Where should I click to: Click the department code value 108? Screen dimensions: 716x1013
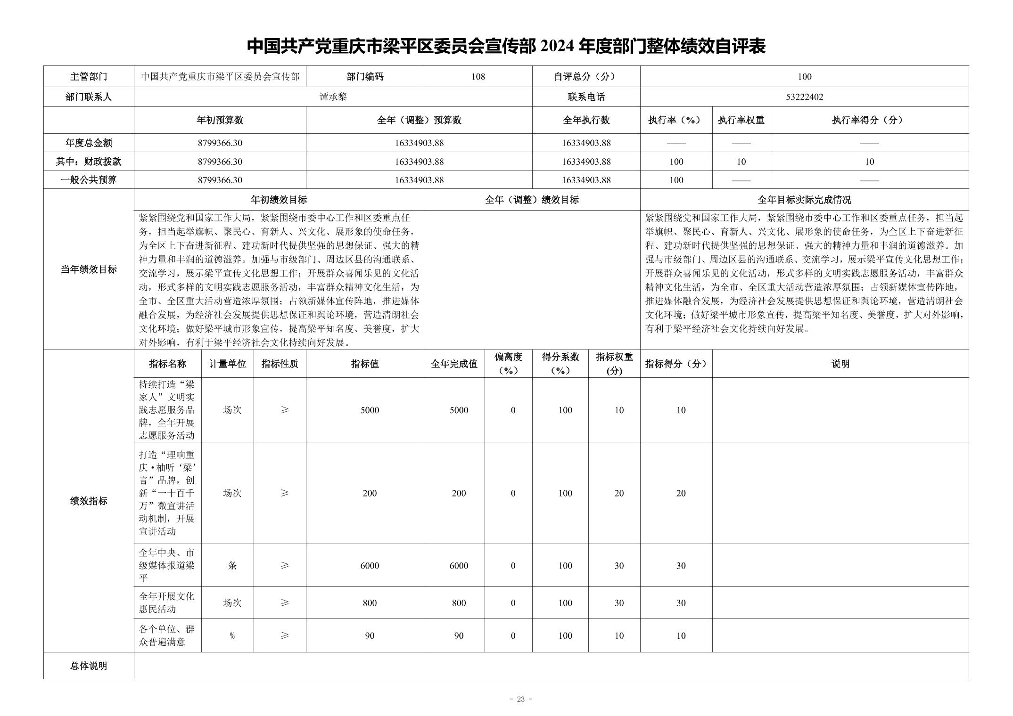[x=478, y=77]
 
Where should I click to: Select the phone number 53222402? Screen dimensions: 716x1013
[x=804, y=97]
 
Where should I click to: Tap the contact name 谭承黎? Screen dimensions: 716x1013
[x=333, y=97]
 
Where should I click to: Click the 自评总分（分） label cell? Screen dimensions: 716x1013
[x=586, y=77]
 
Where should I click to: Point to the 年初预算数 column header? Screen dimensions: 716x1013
[x=220, y=120]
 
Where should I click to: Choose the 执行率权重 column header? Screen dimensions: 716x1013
[x=741, y=120]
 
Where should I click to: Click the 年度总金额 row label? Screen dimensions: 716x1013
[x=89, y=143]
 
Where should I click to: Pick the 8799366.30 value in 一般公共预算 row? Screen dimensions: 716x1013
[x=220, y=180]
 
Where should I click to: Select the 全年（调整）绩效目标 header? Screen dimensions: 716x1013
[x=532, y=200]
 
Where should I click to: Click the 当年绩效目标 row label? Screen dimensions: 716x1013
[x=89, y=269]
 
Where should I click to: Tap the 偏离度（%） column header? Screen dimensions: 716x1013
[x=508, y=364]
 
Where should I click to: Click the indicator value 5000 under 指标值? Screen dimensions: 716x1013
[x=370, y=410]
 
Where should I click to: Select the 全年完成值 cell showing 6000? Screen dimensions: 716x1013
[x=459, y=566]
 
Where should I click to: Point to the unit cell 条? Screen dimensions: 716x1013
[x=232, y=566]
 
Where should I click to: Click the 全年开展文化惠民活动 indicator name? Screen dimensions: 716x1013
[x=166, y=603]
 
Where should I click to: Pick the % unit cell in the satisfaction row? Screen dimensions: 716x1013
[x=232, y=636]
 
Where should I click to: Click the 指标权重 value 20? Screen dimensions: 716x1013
[x=619, y=493]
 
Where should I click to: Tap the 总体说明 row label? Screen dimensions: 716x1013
[x=89, y=666]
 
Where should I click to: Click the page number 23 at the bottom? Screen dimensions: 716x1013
[x=520, y=699]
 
